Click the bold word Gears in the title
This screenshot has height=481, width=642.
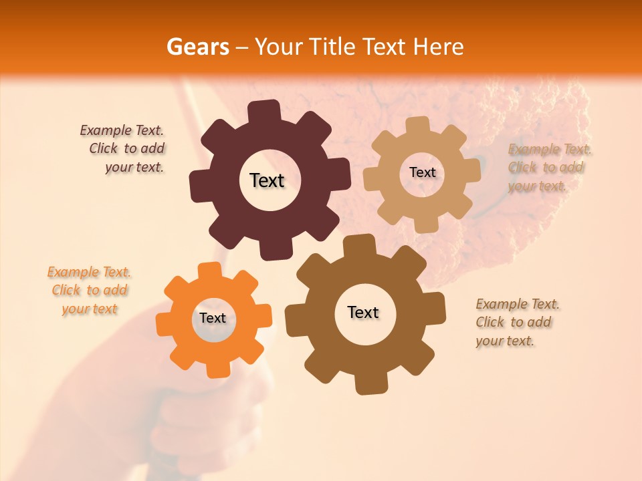coord(197,47)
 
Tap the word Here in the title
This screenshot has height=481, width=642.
coord(439,47)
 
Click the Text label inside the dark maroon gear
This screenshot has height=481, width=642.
coord(267,180)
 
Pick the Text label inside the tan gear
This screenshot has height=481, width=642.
coord(422,172)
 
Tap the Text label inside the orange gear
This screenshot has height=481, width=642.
coord(213,318)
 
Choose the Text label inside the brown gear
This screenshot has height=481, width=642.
coord(363,312)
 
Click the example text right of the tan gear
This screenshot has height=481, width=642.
coord(548,168)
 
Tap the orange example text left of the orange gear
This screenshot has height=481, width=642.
coord(89,291)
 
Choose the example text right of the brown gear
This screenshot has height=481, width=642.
coord(516,322)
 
